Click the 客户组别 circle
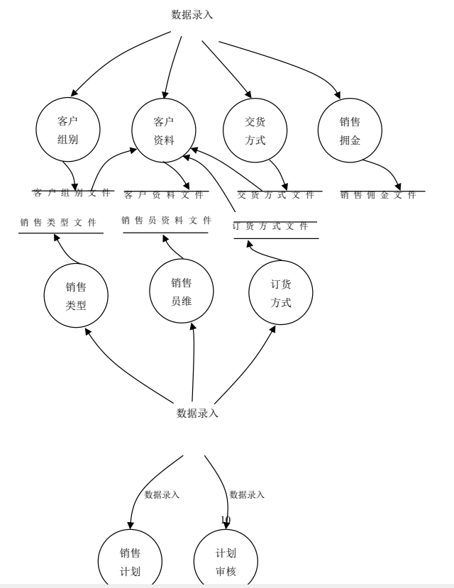tap(67, 131)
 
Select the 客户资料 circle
tap(164, 131)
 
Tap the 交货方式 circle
tap(255, 131)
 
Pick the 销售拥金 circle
tap(350, 131)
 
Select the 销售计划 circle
tap(130, 562)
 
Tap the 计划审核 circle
tap(226, 562)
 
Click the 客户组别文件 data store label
tap(73, 192)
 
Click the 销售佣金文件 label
tap(378, 195)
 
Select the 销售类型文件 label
tap(58, 223)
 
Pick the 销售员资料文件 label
tap(166, 221)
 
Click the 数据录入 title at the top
tap(192, 14)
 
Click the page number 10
tap(226, 520)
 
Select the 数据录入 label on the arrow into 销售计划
tap(162, 494)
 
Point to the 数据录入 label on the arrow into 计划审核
tap(247, 494)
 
